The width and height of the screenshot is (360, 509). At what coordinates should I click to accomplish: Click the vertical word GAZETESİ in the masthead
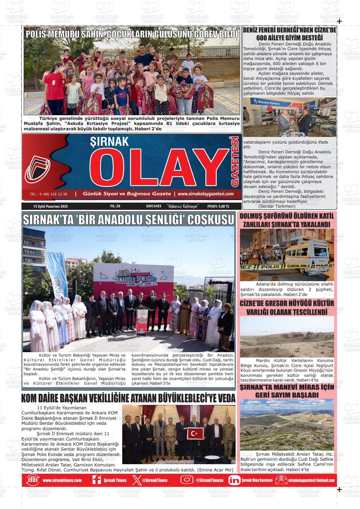(235, 161)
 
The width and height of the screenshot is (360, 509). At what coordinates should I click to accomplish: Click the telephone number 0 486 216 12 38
(48, 194)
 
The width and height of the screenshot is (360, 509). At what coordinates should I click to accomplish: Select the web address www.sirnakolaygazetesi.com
(206, 194)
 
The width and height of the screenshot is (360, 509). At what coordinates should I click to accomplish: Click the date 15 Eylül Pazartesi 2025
(51, 206)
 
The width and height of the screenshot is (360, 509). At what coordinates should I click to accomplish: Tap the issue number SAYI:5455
(154, 206)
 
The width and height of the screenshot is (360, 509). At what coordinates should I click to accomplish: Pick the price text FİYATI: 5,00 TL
(218, 206)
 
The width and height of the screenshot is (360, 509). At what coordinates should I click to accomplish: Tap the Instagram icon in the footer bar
(187, 480)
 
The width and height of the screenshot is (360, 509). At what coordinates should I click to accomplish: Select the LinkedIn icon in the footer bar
(234, 480)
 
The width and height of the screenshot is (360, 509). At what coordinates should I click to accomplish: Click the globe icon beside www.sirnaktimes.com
(33, 480)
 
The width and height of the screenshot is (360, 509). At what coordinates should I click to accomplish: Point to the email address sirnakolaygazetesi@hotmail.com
(311, 480)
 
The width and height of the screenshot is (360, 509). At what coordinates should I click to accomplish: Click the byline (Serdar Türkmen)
(277, 206)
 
